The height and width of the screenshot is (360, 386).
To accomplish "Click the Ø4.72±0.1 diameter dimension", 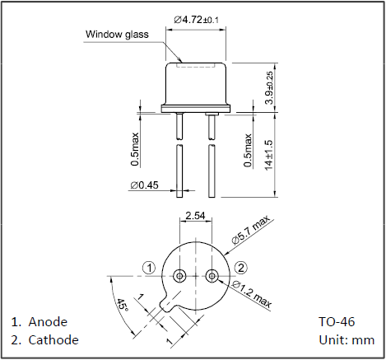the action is [196, 20].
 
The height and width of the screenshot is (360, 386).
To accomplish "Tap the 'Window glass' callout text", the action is [117, 35].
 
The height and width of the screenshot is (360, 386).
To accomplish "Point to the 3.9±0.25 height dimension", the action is [269, 87].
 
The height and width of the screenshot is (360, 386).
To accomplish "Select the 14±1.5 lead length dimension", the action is [269, 155].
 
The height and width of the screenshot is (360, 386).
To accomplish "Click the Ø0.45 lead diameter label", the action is [144, 185].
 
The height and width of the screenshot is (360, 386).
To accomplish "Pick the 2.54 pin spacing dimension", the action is [195, 216].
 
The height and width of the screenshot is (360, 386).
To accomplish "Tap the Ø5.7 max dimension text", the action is [250, 230].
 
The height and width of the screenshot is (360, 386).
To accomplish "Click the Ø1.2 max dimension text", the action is [252, 294].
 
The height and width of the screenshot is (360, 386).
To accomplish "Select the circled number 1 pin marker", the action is [149, 268].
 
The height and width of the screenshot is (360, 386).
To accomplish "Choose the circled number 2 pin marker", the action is [241, 268].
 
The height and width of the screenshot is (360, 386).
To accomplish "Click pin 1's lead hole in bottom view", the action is [179, 275].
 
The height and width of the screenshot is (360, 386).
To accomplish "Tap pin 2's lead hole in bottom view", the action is [212, 275].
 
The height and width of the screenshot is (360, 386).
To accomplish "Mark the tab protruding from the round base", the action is [167, 304].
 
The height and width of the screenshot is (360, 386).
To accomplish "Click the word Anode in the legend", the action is [48, 322].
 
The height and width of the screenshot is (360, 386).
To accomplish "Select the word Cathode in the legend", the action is [53, 340].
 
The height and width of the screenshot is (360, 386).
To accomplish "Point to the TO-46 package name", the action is [337, 322].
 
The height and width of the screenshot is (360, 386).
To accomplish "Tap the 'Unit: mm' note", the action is [346, 340].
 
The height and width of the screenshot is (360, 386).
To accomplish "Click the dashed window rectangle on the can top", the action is [195, 66].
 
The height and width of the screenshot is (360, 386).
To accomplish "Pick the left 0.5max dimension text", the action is [135, 150].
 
